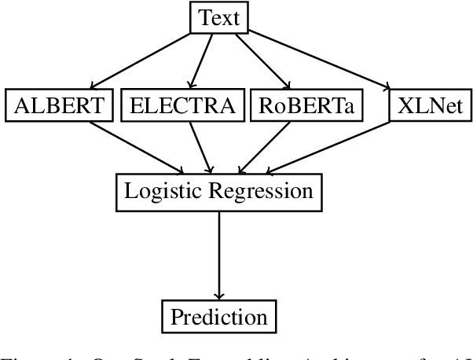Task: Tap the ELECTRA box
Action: coord(182,105)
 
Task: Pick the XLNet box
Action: coord(429,105)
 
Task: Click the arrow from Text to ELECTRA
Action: coord(200,61)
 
